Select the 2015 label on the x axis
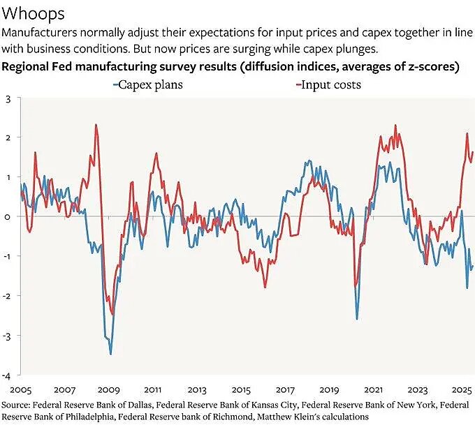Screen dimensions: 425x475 240,389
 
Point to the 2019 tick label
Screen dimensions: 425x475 328,389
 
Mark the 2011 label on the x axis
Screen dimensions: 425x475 152,389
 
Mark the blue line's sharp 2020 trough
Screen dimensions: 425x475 357,319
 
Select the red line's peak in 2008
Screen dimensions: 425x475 96,125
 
